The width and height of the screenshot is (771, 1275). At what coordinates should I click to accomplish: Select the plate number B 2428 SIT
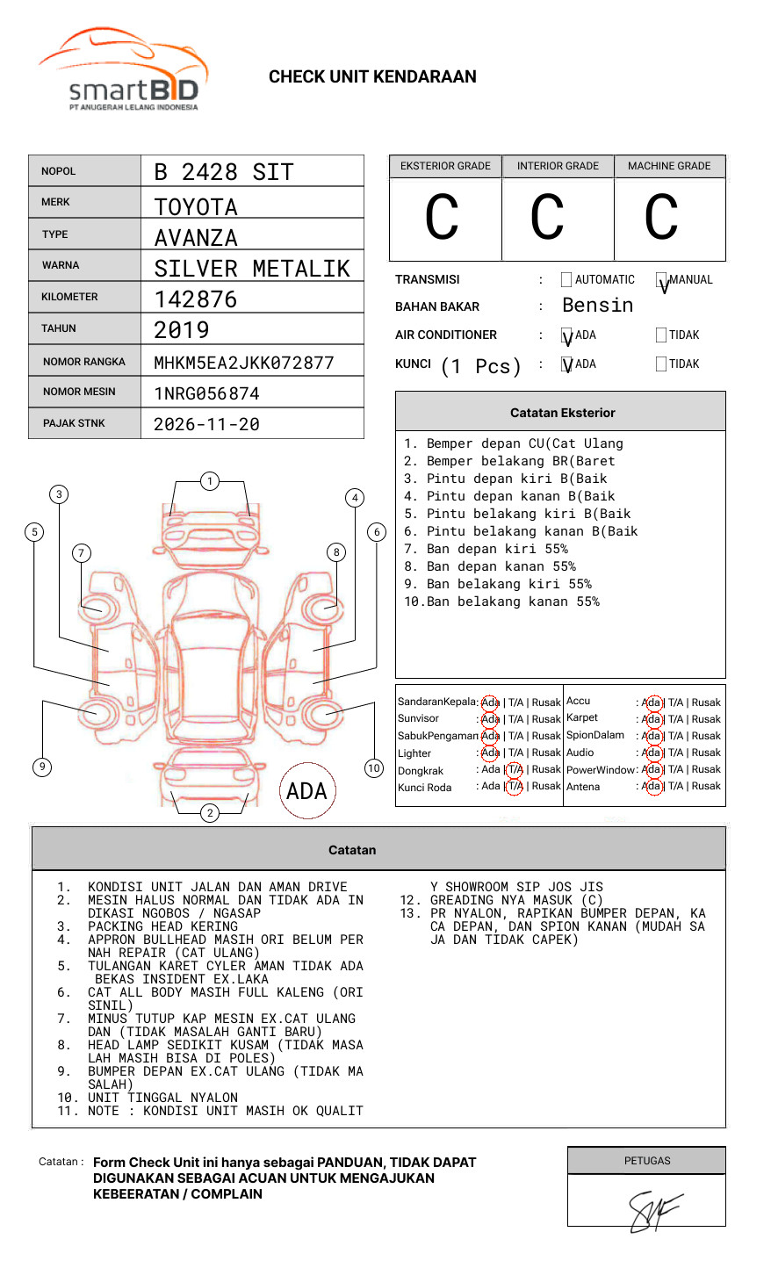pyautogui.click(x=224, y=172)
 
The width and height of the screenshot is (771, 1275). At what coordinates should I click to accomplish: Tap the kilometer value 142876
pyautogui.click(x=195, y=299)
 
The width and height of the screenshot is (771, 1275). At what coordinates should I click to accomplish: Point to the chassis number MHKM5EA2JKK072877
pyautogui.click(x=244, y=363)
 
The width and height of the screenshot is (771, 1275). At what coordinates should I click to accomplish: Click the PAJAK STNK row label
pyautogui.click(x=74, y=423)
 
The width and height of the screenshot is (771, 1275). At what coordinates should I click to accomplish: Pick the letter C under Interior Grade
pyautogui.click(x=547, y=217)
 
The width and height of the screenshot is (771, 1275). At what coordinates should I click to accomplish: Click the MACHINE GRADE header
pyautogui.click(x=669, y=166)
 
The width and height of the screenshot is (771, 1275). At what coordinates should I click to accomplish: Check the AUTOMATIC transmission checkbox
pyautogui.click(x=566, y=279)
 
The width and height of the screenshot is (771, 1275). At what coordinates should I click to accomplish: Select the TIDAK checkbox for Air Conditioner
pyautogui.click(x=661, y=335)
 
